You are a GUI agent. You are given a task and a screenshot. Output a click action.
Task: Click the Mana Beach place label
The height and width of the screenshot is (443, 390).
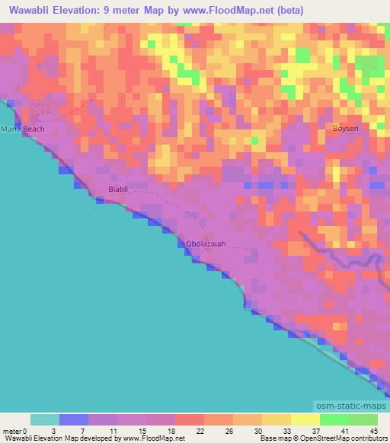coord(22,129)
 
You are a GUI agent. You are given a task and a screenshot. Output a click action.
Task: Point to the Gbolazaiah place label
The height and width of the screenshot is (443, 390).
coord(206,244)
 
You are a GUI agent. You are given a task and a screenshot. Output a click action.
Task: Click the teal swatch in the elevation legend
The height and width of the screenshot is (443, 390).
coord(45,419)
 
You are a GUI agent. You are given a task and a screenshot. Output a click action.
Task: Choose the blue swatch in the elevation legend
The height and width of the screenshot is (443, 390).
coord(74,419)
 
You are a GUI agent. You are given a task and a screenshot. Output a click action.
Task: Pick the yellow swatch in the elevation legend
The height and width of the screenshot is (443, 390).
coord(305,419)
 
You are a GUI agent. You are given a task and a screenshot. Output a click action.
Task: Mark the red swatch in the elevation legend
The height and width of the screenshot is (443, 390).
coord(189,419)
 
